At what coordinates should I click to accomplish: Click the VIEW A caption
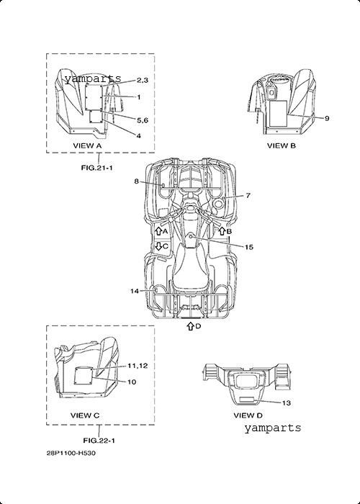coord(87,145)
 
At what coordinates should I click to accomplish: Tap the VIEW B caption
coord(282,145)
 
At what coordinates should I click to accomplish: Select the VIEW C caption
coord(85,415)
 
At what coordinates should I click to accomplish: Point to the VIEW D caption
coord(248,415)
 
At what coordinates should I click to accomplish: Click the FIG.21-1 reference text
coord(96,168)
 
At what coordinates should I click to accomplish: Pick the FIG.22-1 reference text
coord(99,441)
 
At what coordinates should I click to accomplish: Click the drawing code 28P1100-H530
coord(71,453)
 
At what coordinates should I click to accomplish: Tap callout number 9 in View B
coord(327,118)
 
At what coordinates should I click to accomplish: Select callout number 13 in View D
coord(286,402)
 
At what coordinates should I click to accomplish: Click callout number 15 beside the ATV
coord(249,247)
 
